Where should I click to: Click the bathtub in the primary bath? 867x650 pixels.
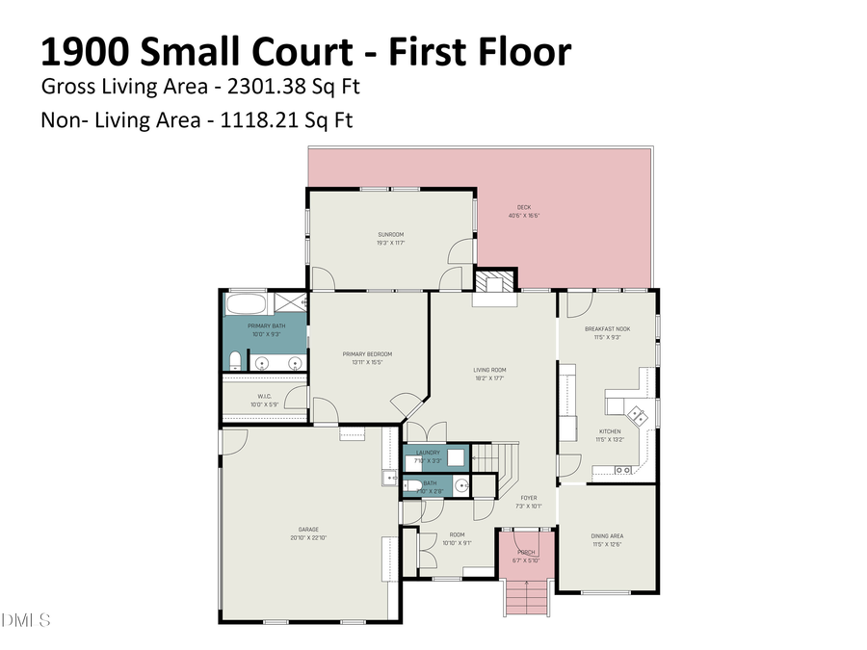point(248,304)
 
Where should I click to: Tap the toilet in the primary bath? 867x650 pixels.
point(234,362)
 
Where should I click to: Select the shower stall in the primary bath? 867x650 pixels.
point(290,303)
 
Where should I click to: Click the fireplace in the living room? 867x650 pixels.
point(494,283)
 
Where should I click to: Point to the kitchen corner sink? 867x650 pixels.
point(637,416)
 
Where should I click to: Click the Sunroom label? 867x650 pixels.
point(390,235)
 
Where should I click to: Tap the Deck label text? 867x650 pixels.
point(523,206)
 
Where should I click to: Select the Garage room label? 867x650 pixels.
point(308,529)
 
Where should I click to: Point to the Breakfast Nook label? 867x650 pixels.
point(608,329)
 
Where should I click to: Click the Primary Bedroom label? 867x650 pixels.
point(367,354)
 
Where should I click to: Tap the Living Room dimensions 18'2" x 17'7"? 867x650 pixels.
point(489,378)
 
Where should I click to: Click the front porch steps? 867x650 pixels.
point(526,597)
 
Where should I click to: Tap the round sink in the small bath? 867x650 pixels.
point(460,486)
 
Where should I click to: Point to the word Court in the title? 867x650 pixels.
point(306,51)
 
